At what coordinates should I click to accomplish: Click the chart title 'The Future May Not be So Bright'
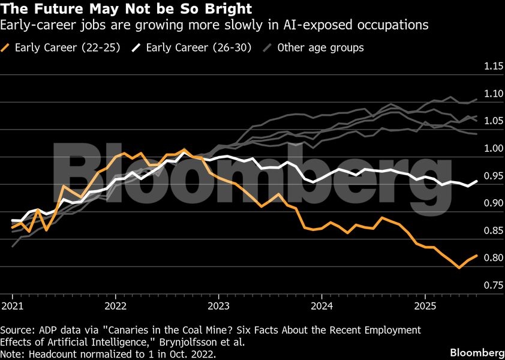pyautogui.click(x=126, y=10)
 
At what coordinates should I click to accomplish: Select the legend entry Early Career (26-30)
pyautogui.click(x=202, y=47)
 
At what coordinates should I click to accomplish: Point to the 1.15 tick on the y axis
pyautogui.click(x=494, y=66)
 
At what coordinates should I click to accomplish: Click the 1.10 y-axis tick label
pyautogui.click(x=494, y=94)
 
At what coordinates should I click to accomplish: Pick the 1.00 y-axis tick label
pyautogui.click(x=494, y=148)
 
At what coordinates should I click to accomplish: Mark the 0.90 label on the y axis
pyautogui.click(x=494, y=203)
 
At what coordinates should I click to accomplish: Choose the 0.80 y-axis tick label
pyautogui.click(x=494, y=258)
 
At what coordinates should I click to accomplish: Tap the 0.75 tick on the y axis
pyautogui.click(x=494, y=285)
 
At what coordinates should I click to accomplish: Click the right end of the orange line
pyautogui.click(x=477, y=256)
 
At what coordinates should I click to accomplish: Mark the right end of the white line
pyautogui.click(x=477, y=181)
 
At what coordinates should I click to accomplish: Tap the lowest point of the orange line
pyautogui.click(x=459, y=268)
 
